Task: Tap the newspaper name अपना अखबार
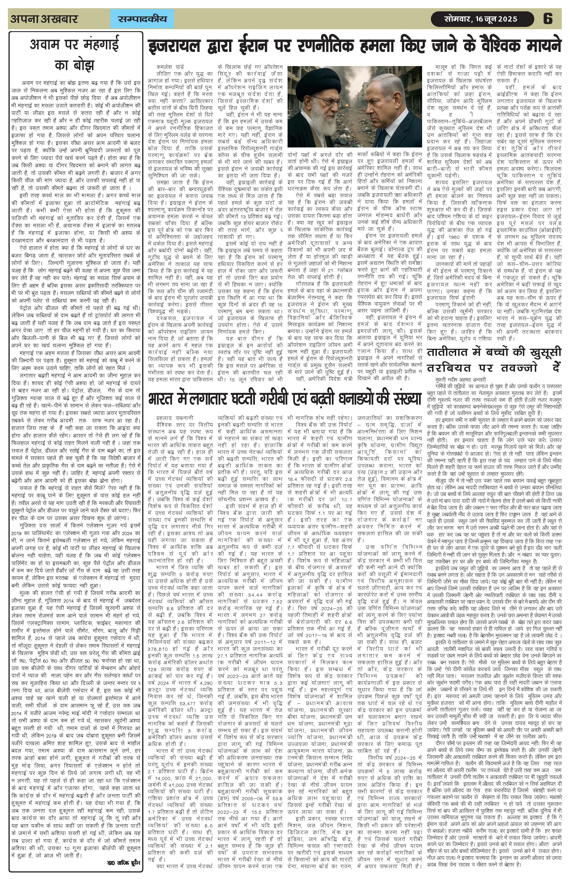tap(44, 19)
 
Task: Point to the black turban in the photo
tap(318, 79)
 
